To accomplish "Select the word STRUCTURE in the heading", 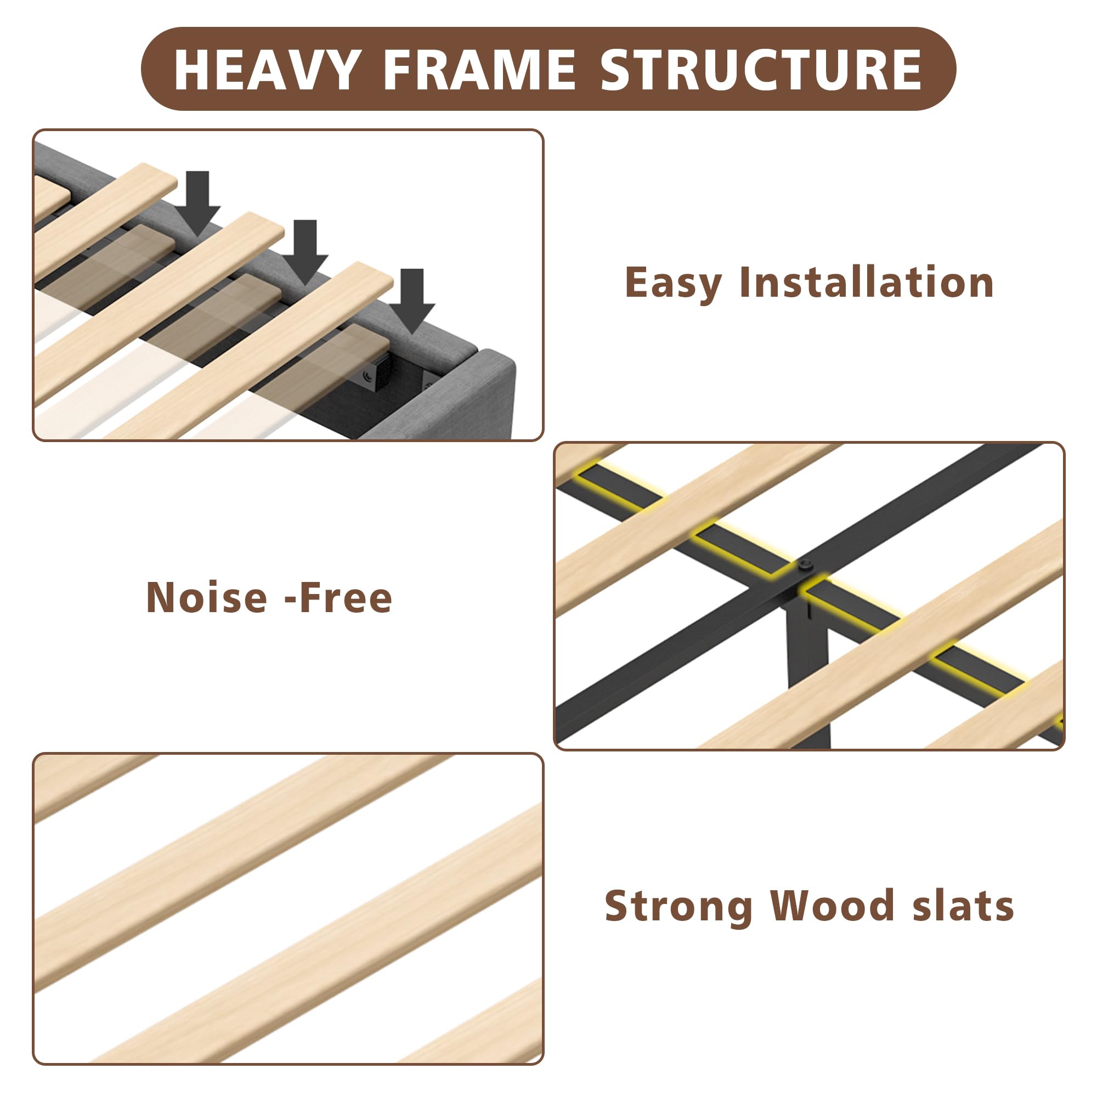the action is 761,70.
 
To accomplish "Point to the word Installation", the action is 867,281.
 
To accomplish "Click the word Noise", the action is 207,598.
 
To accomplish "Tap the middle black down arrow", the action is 305,253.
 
